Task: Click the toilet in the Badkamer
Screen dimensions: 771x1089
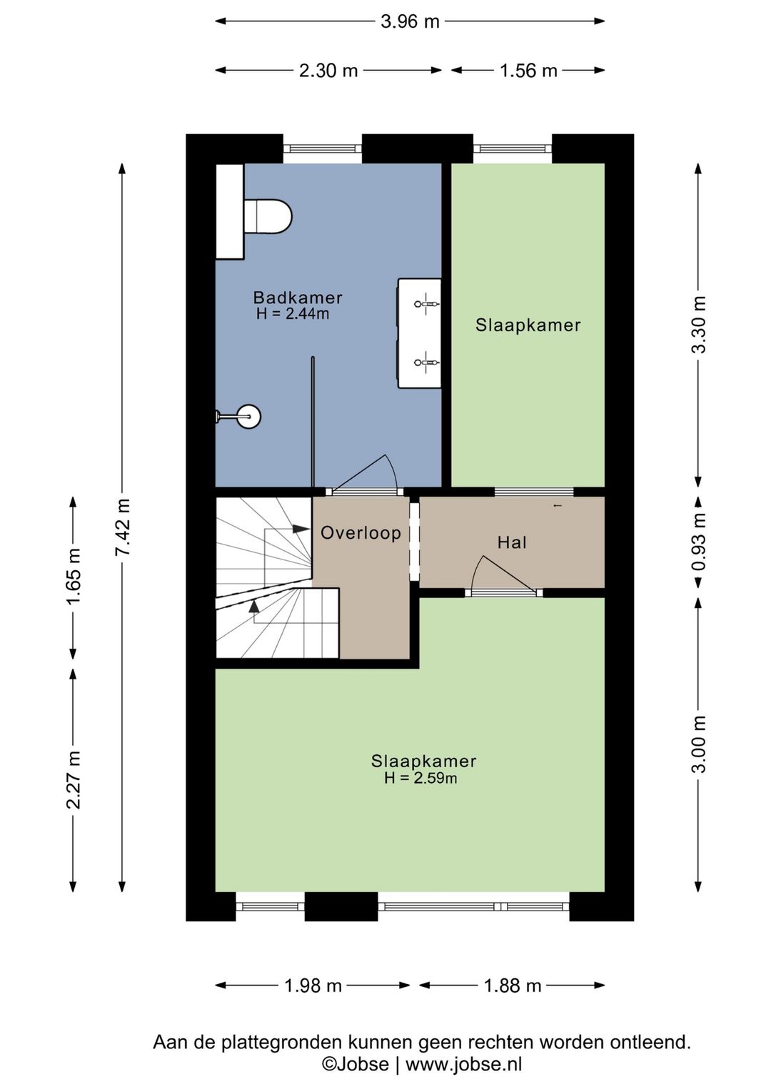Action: (x=268, y=216)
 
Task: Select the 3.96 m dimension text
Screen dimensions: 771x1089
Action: (x=410, y=21)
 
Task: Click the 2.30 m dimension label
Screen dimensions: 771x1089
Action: (x=328, y=71)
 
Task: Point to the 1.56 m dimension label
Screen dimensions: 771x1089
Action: (x=528, y=71)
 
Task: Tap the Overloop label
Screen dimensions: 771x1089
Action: (x=361, y=533)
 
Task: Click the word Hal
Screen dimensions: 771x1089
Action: (x=512, y=542)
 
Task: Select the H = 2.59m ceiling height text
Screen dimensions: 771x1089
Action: (x=420, y=779)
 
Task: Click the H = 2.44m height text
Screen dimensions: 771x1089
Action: (x=293, y=313)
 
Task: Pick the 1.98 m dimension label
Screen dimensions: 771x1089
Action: (x=313, y=986)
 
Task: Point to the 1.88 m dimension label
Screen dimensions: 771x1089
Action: (x=513, y=986)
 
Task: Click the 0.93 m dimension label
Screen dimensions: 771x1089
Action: (x=698, y=542)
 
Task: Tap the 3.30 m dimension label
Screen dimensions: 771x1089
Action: (x=698, y=324)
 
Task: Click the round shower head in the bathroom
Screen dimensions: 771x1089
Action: (x=250, y=416)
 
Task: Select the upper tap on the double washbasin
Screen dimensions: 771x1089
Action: (x=426, y=303)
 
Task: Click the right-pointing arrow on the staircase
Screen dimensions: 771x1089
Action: (x=301, y=529)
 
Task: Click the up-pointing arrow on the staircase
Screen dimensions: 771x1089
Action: (x=253, y=606)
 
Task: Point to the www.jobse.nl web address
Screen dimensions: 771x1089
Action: (x=463, y=1065)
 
